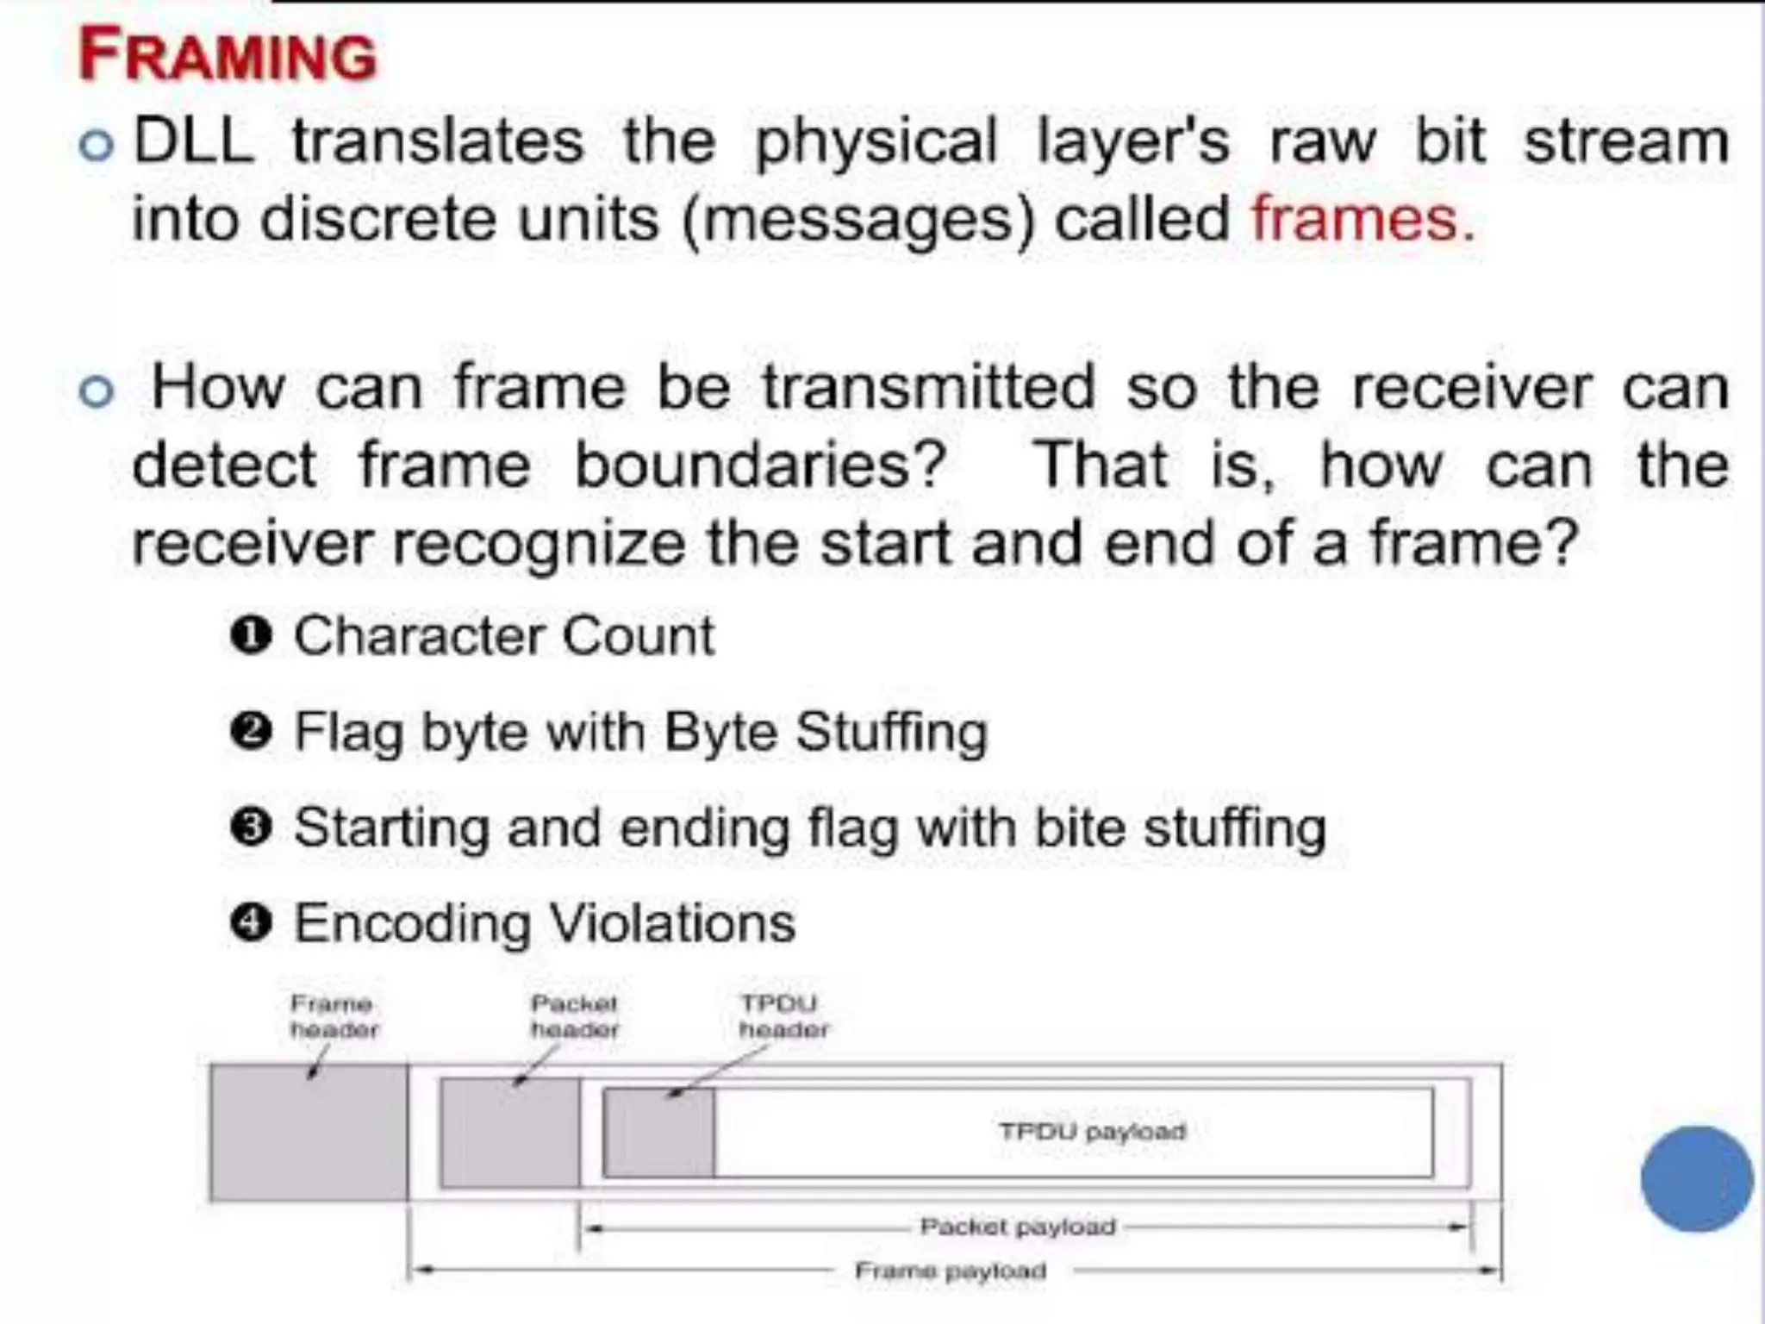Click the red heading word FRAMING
tap(228, 55)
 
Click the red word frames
tap(1362, 219)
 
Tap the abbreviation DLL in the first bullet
tap(194, 141)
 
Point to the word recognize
tap(538, 544)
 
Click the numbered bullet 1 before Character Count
tap(252, 636)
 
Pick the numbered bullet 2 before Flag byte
tap(252, 732)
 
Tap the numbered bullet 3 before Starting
tap(252, 827)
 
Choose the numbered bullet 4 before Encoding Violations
tap(252, 923)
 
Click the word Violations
tap(672, 923)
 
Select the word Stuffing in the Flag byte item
tap(891, 732)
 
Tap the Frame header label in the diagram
tap(334, 1016)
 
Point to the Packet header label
tap(574, 1016)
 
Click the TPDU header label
tap(783, 1016)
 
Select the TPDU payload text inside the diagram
tap(1092, 1131)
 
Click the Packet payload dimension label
tap(1018, 1226)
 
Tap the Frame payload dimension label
tap(951, 1271)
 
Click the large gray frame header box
tap(309, 1133)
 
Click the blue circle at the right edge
tap(1696, 1178)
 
